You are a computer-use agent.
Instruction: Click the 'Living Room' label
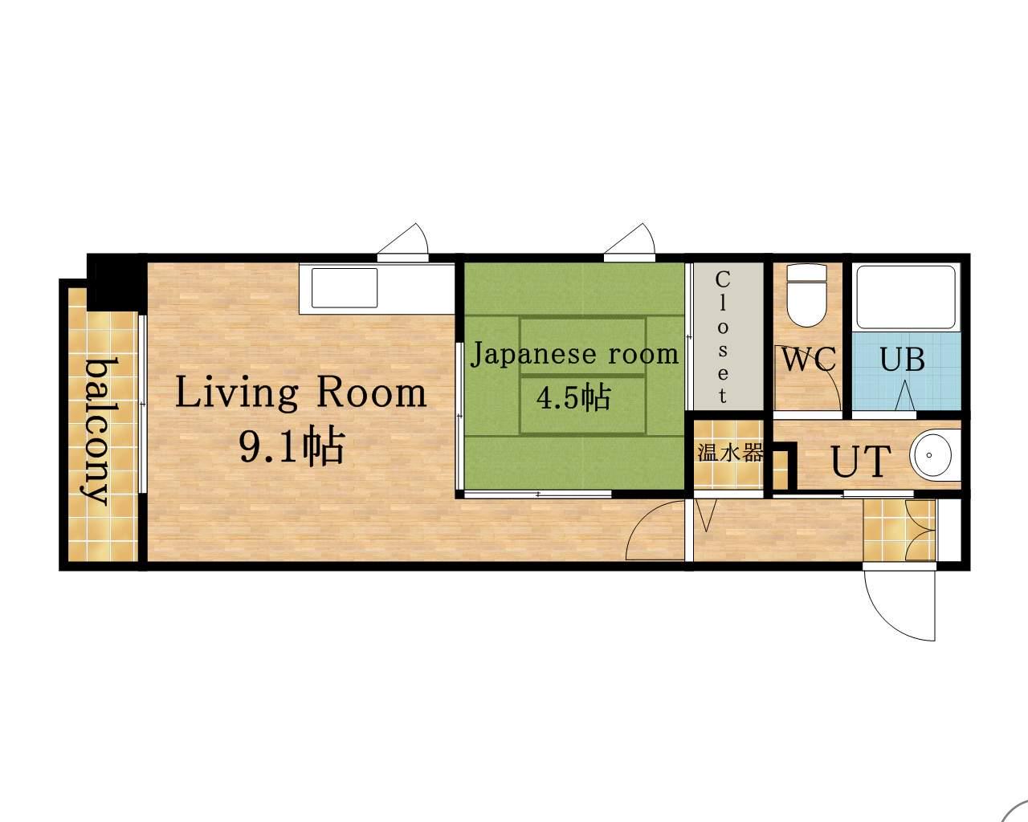(301, 393)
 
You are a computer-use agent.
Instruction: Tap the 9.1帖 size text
(292, 446)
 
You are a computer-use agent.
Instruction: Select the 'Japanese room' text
(575, 355)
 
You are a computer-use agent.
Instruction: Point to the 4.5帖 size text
(573, 397)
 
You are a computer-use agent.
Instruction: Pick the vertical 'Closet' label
(722, 336)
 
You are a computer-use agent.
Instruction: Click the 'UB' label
(902, 359)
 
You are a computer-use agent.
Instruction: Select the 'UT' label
(861, 461)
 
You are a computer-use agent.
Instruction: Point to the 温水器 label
(729, 452)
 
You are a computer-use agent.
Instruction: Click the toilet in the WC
(806, 295)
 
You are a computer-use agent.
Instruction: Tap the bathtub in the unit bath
(906, 296)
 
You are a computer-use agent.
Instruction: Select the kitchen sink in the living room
(345, 288)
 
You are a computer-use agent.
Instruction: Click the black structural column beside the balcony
(116, 283)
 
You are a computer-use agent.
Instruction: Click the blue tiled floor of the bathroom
(907, 371)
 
